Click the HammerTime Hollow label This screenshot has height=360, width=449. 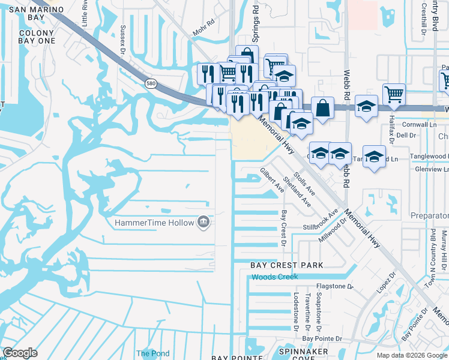pos(154,223)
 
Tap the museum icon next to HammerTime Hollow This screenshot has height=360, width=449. pos(203,223)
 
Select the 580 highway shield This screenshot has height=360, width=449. pos(151,83)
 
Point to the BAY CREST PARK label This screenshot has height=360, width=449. pos(286,265)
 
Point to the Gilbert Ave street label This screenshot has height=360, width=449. pos(272,180)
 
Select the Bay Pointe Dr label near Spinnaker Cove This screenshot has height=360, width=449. pos(322,339)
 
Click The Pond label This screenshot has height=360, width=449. pos(152,353)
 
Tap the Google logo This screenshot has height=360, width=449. pos(20,353)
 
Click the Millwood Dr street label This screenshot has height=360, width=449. pos(334,230)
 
